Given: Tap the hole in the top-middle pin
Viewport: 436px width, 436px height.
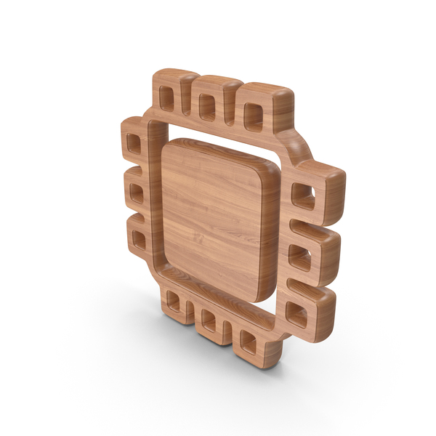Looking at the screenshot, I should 206,106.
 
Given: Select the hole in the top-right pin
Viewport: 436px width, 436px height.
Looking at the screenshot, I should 252,115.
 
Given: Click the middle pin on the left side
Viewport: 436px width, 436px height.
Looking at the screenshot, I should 136,192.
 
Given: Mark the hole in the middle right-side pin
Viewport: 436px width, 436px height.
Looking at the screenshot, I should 300,256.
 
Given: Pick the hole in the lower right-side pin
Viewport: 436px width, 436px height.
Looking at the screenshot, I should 296,312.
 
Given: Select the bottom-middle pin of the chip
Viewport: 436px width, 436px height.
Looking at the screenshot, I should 209,318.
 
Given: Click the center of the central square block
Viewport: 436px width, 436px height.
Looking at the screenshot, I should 218,218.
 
